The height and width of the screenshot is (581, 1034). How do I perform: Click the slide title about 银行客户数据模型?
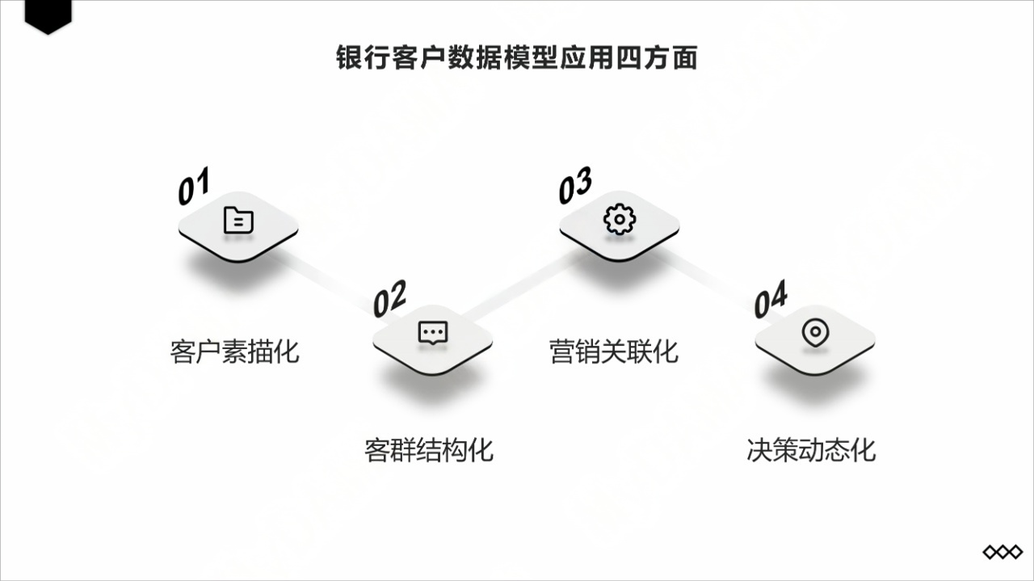(516, 58)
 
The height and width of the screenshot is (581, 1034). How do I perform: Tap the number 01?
(194, 186)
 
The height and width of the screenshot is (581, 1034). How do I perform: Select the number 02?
(389, 299)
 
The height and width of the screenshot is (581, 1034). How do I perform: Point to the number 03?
(575, 186)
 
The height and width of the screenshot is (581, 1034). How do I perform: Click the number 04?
(771, 300)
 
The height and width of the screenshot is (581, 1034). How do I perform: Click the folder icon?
(238, 220)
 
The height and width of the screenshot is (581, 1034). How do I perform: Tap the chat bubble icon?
(432, 332)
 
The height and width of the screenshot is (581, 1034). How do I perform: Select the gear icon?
(620, 220)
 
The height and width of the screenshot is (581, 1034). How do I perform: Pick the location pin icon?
(814, 332)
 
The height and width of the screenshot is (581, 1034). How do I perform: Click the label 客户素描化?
(235, 352)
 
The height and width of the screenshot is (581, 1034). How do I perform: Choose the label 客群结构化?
(429, 449)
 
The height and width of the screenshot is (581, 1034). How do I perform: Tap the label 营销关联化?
(614, 352)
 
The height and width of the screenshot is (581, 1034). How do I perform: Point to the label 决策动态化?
(811, 449)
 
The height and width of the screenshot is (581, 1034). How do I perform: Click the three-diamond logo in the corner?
(1002, 552)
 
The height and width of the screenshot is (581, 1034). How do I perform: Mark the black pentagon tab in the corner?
(48, 15)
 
